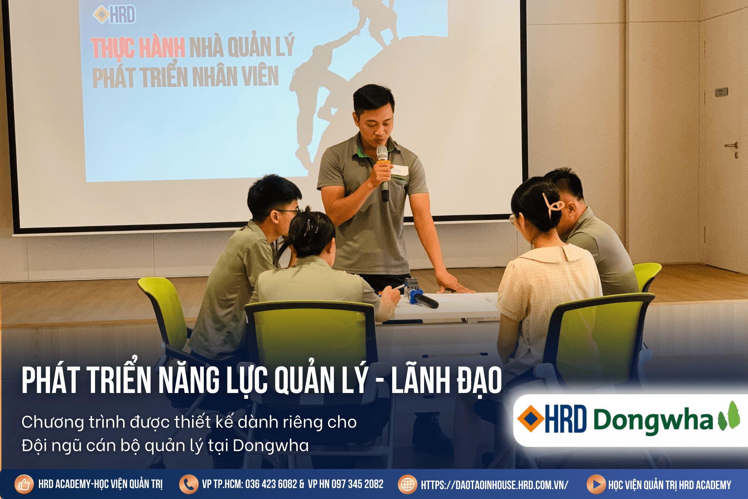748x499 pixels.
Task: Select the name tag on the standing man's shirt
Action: tap(399, 170)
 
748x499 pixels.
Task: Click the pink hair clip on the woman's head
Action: tap(552, 205)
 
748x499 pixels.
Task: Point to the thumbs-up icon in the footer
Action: tap(24, 484)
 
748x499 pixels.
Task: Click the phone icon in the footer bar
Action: tap(189, 484)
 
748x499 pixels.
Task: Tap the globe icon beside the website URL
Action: tap(408, 484)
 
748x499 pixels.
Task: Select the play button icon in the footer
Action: tap(596, 484)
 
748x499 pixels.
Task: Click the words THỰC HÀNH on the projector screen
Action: tap(138, 48)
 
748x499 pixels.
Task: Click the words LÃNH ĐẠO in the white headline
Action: tap(446, 380)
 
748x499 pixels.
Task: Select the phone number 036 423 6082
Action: tap(271, 484)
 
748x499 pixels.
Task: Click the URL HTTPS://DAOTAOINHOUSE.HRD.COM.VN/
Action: tap(495, 485)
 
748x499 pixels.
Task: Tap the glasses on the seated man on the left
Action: tap(289, 212)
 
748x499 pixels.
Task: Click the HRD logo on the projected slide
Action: tap(114, 15)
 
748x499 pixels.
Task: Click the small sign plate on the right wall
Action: tap(721, 92)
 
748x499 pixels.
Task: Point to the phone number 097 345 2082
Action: tap(357, 484)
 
